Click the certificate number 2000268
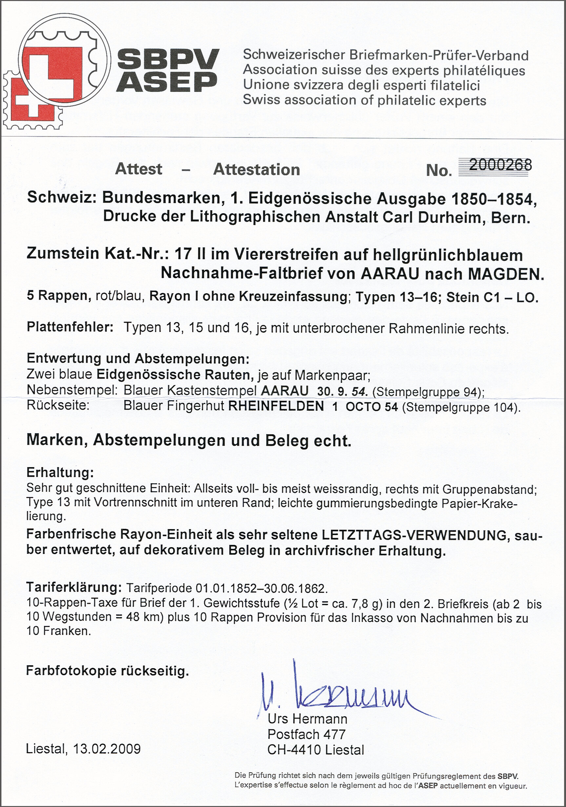[x=500, y=165]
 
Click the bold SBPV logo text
[x=168, y=59]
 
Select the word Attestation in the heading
[x=256, y=170]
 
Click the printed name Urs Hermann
[x=307, y=719]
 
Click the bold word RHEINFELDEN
[x=276, y=406]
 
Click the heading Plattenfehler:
[x=70, y=328]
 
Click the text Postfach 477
[x=306, y=734]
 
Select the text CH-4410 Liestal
[x=315, y=750]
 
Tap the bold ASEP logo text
[x=167, y=82]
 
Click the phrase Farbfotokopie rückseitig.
[x=108, y=671]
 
